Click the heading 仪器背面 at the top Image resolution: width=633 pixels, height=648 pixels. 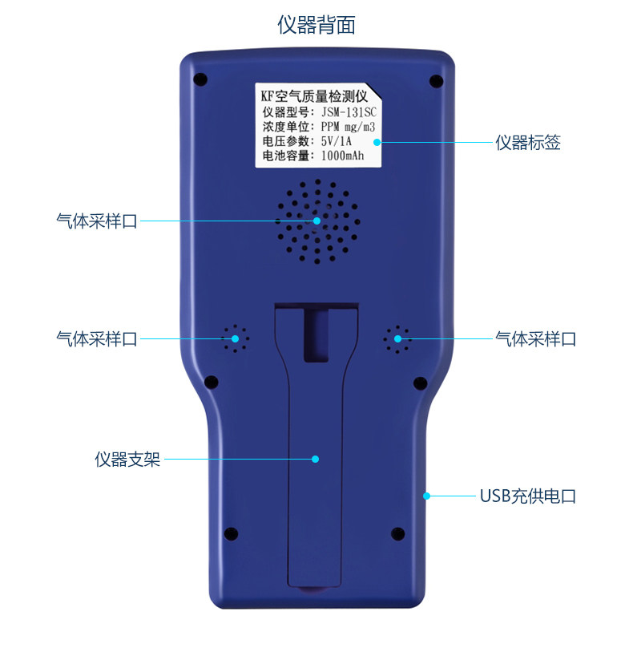316,25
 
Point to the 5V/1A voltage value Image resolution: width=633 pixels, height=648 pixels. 337,141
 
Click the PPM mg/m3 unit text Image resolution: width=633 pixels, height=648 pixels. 348,127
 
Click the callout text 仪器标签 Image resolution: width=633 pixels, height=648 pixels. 527,143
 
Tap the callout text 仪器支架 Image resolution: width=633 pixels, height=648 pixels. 127,460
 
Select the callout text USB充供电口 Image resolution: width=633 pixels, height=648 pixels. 527,496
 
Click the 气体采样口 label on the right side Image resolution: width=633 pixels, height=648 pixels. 535,339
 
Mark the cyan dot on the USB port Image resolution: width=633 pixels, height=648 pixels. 426,496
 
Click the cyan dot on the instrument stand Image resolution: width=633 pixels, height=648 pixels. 316,460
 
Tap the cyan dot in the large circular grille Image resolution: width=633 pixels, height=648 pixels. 316,221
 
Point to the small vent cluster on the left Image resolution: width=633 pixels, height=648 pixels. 236,339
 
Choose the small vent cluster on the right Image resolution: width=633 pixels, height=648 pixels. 397,339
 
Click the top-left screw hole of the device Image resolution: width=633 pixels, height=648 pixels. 200,79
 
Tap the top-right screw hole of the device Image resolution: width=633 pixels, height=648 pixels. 436,80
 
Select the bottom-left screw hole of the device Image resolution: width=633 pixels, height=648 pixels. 231,533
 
